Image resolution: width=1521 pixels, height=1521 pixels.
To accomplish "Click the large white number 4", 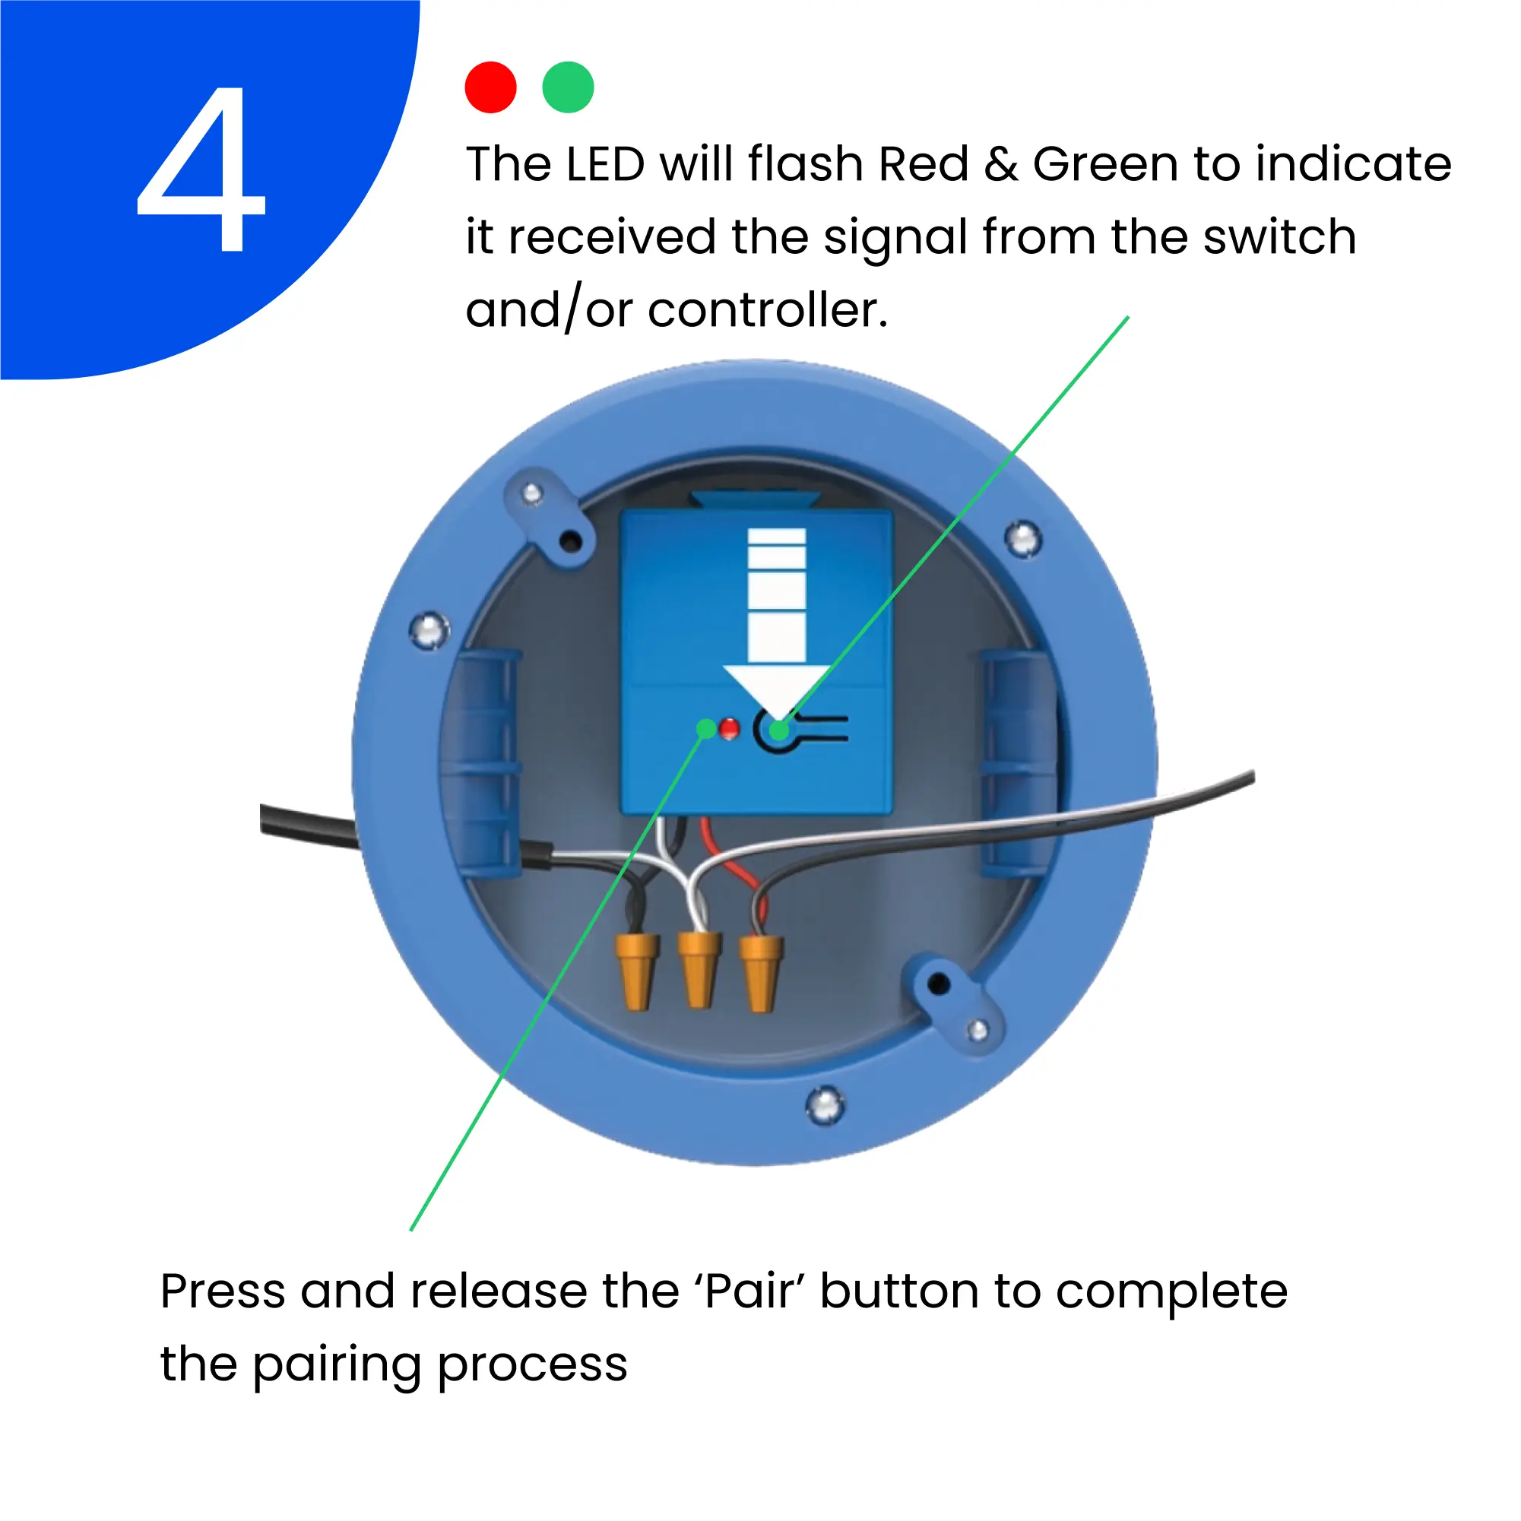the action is [201, 169].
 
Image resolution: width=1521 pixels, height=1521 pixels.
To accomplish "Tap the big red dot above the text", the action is [490, 87].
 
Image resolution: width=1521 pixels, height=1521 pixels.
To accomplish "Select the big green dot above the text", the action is [568, 87].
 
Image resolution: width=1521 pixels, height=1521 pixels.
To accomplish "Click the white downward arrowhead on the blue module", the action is [776, 690].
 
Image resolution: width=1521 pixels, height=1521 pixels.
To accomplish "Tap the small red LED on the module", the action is [729, 729].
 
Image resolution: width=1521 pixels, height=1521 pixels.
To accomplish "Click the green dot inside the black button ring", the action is [778, 730].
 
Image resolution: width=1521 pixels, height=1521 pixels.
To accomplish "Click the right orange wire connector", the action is [760, 972].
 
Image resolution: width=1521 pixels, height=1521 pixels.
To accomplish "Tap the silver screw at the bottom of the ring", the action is [825, 1104].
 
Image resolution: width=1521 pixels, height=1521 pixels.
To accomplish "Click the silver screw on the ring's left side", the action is [429, 630].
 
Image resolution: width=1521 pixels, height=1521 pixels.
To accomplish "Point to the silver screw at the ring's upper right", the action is [1023, 539].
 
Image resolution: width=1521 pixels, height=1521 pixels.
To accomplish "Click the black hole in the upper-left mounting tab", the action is [572, 542].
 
